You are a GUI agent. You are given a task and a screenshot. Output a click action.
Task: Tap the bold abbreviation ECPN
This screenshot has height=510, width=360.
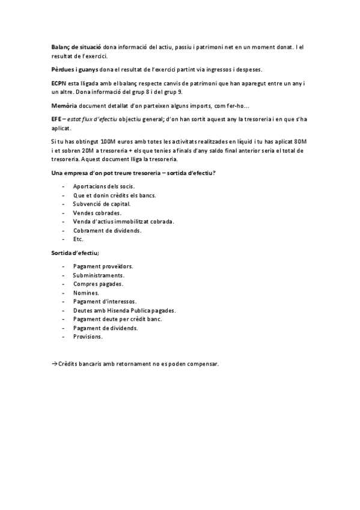60,83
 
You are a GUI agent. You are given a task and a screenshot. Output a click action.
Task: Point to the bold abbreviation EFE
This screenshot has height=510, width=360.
57,120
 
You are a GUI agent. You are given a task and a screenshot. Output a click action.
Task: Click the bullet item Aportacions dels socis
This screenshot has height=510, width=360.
104,186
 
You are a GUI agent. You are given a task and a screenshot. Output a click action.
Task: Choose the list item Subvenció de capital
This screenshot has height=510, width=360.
102,204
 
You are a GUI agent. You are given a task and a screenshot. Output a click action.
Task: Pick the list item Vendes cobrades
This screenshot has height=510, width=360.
97,213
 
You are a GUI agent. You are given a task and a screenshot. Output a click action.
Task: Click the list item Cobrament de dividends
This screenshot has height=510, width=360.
108,230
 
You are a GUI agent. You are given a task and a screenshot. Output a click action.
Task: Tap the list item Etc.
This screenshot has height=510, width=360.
78,239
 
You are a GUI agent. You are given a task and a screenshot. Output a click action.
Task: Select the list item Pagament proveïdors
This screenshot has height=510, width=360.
103,266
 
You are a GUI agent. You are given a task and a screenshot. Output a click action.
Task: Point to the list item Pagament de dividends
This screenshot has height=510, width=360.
106,328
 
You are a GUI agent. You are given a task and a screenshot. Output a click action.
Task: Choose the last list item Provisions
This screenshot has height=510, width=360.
88,337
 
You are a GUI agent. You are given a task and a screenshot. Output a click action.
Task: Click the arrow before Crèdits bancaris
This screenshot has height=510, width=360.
54,364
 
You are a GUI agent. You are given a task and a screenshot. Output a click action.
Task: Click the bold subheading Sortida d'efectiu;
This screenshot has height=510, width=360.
75,253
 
